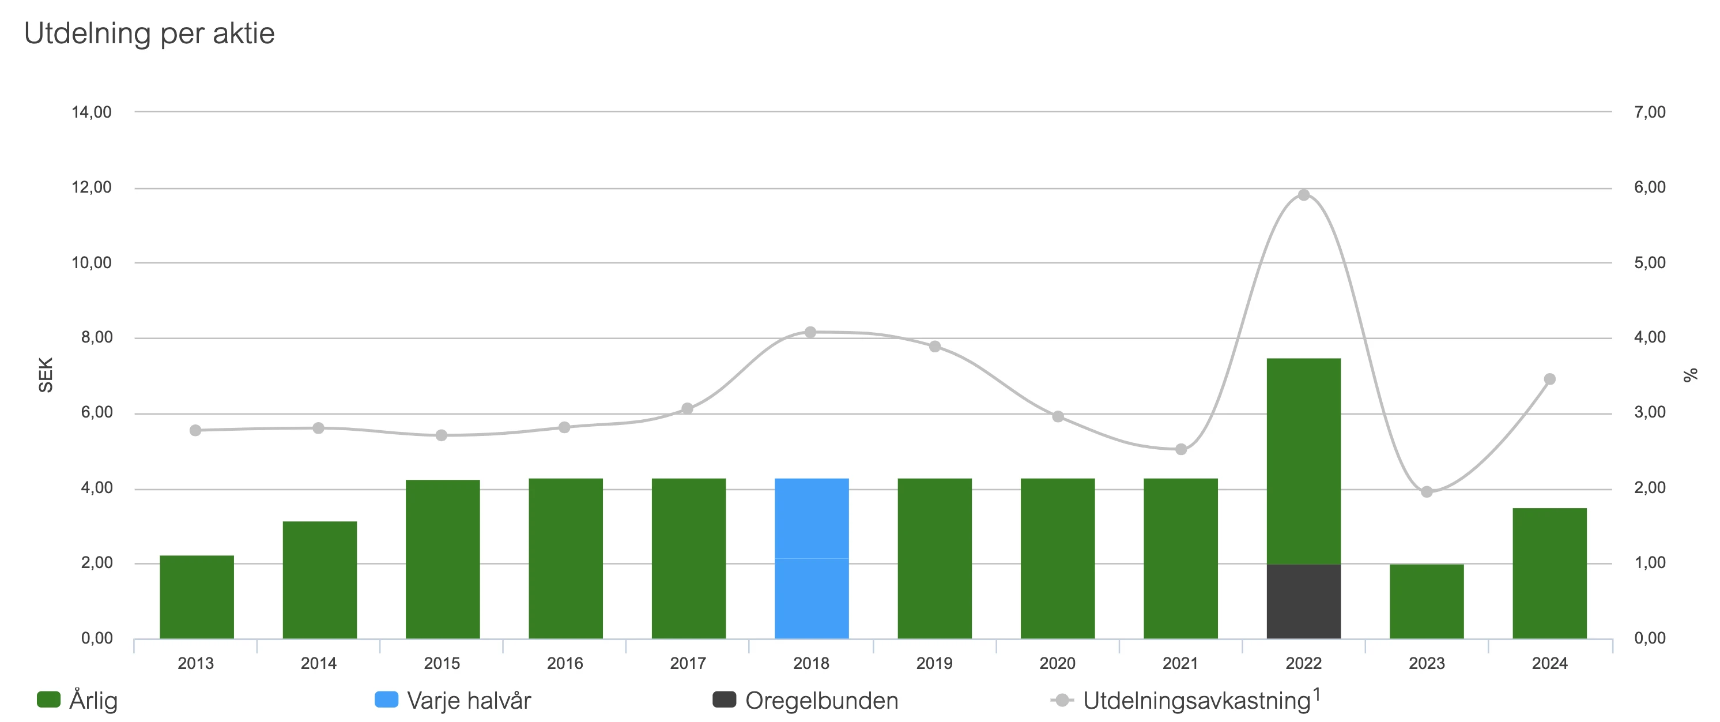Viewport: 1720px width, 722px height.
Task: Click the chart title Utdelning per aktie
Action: (149, 33)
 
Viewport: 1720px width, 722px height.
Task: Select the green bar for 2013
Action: (197, 596)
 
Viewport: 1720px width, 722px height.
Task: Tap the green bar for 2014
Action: (320, 580)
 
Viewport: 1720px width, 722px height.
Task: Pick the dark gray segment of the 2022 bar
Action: (1304, 601)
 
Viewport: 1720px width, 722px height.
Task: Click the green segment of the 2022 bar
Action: (1304, 461)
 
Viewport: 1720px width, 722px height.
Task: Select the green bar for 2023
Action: (1427, 601)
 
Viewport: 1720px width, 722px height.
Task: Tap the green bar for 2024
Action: (1550, 573)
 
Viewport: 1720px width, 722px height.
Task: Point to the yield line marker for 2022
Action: (1304, 195)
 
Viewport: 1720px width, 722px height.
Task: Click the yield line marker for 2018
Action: (810, 332)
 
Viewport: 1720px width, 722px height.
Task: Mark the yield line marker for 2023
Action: (1427, 491)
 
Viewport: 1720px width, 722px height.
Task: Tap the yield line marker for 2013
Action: (195, 430)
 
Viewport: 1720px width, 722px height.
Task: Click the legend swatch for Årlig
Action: (49, 700)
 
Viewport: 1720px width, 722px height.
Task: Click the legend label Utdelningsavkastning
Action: (1197, 700)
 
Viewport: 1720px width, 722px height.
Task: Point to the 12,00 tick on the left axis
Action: (92, 187)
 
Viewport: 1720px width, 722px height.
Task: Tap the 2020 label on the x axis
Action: (1058, 663)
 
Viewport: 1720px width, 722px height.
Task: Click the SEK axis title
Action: (46, 375)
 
